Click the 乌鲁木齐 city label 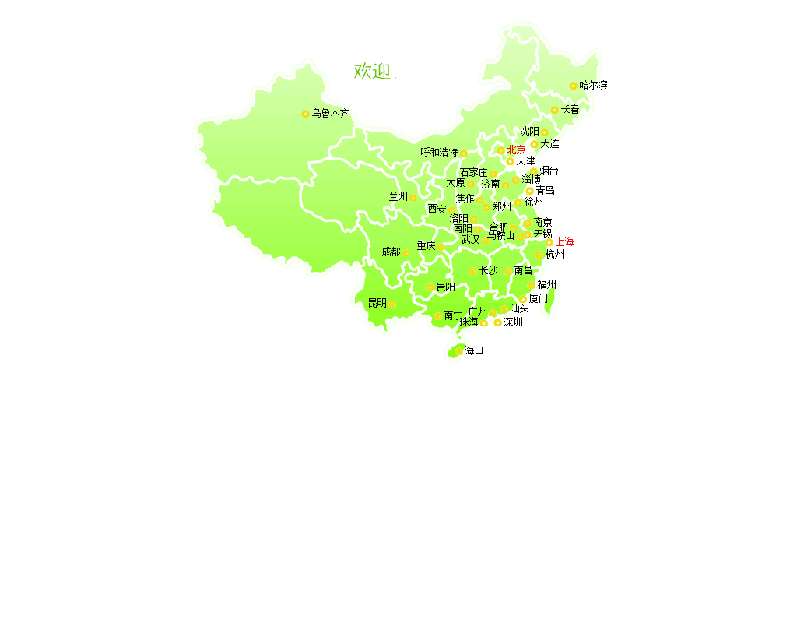(x=331, y=114)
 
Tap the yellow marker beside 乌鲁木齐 (x=305, y=114)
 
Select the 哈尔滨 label (x=594, y=86)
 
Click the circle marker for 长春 (x=554, y=111)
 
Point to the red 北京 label (x=517, y=150)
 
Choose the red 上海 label (x=565, y=242)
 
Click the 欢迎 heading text (x=372, y=72)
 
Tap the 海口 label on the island (x=475, y=351)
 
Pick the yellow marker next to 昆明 (x=392, y=304)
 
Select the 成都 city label (x=391, y=252)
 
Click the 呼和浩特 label (x=439, y=153)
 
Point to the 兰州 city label (x=398, y=197)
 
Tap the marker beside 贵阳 (x=430, y=288)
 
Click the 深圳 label (x=514, y=322)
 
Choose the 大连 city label (x=550, y=144)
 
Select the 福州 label (x=547, y=285)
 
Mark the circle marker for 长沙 (x=472, y=272)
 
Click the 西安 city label (x=437, y=209)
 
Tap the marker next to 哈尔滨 (x=573, y=86)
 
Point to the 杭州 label (x=555, y=255)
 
